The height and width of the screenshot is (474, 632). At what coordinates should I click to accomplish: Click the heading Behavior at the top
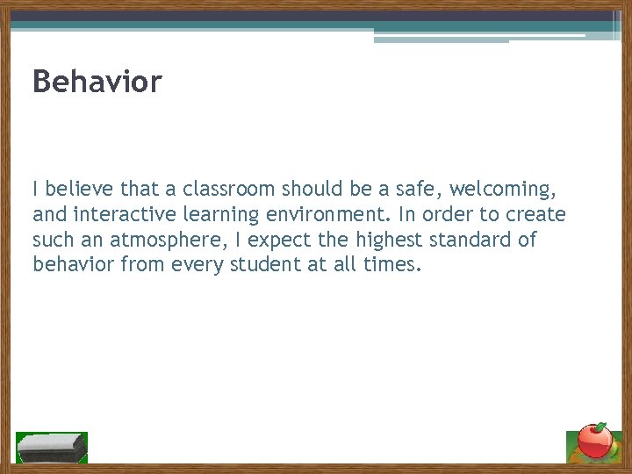tap(97, 82)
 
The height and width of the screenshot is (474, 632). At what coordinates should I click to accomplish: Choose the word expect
tap(285, 240)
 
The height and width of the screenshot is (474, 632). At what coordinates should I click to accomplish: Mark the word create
tap(536, 214)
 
